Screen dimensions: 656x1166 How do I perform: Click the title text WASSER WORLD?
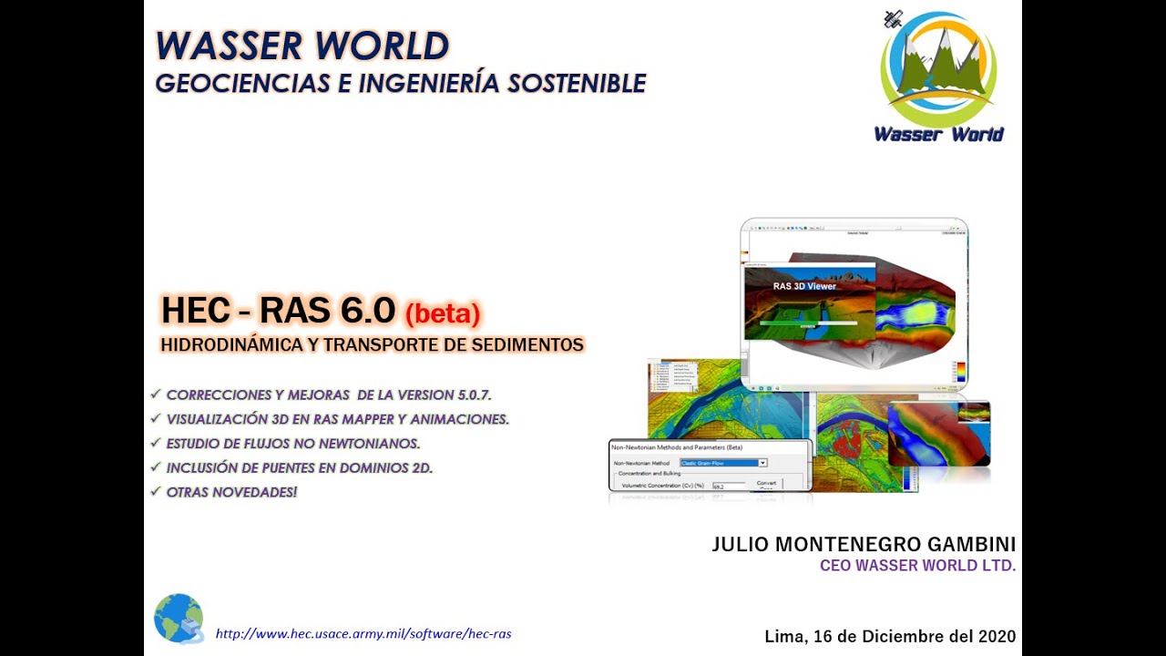[x=302, y=46]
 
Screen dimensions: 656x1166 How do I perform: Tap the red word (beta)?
[x=442, y=313]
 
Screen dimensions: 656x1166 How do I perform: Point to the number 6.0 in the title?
[x=368, y=311]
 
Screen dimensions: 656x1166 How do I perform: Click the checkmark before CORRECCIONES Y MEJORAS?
[x=156, y=395]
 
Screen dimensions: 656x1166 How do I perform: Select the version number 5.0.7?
[x=474, y=395]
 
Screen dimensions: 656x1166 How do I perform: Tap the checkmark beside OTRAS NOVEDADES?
[x=156, y=492]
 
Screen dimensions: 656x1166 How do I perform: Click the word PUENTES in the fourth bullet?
[x=292, y=468]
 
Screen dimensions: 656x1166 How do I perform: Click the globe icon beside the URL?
[x=179, y=619]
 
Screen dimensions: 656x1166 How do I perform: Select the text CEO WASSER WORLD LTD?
[x=917, y=566]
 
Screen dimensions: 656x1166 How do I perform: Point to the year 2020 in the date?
[x=996, y=637]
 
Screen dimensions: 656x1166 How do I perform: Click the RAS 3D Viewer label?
[x=804, y=286]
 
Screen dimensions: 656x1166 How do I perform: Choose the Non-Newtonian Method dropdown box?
[x=724, y=463]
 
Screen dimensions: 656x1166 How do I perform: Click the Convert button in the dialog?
[x=766, y=483]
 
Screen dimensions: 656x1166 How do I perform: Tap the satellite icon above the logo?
[x=894, y=18]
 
